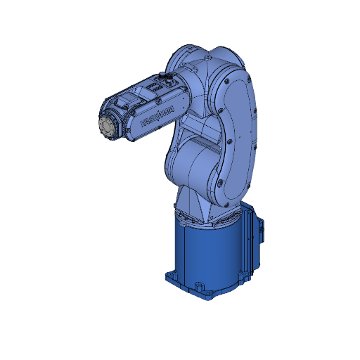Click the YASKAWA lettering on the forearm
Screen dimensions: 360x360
(157, 117)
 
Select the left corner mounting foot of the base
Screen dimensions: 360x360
(170, 275)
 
